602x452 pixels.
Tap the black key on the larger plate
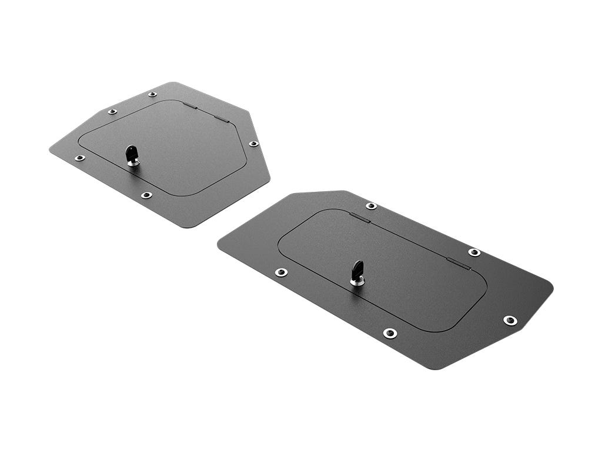tap(357, 270)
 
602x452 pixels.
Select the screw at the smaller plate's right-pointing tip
tap(253, 144)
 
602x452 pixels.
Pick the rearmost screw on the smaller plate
tap(152, 94)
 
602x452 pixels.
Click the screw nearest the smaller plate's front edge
tap(146, 195)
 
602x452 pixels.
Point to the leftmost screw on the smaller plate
tap(79, 158)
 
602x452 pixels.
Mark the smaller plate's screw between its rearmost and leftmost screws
tap(112, 111)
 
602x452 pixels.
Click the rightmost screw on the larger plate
tap(510, 320)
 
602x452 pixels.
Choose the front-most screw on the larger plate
tap(390, 333)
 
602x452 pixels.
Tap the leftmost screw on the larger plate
tap(282, 272)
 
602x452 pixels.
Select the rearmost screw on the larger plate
tap(371, 205)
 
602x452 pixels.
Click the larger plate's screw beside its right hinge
tap(474, 252)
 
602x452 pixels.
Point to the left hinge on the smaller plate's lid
tap(189, 106)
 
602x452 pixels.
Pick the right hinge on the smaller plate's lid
tap(221, 118)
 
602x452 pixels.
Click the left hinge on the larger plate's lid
tap(360, 217)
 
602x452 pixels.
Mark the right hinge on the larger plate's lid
tap(459, 264)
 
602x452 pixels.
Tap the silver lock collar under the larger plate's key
tap(357, 282)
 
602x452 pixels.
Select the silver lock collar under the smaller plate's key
tap(133, 162)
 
